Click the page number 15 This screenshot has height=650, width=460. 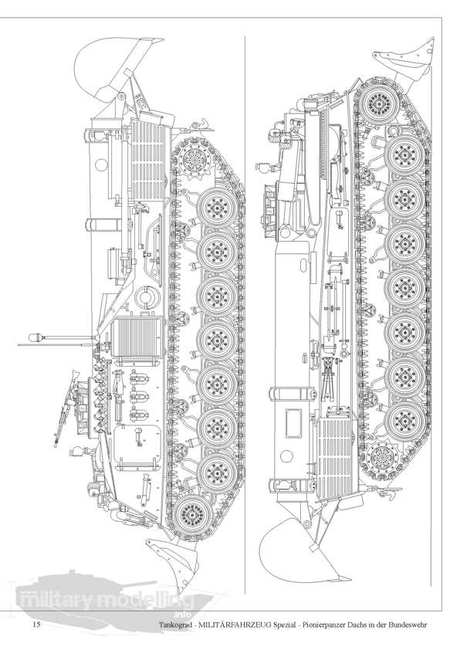[x=36, y=625]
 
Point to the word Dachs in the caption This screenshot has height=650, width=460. [x=339, y=625]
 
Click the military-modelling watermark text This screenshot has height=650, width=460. [x=107, y=600]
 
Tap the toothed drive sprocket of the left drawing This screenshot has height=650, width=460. [x=193, y=159]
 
